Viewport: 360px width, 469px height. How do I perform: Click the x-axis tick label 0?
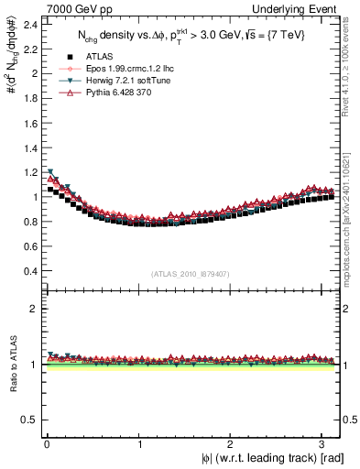pyautogui.click(x=47, y=444)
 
